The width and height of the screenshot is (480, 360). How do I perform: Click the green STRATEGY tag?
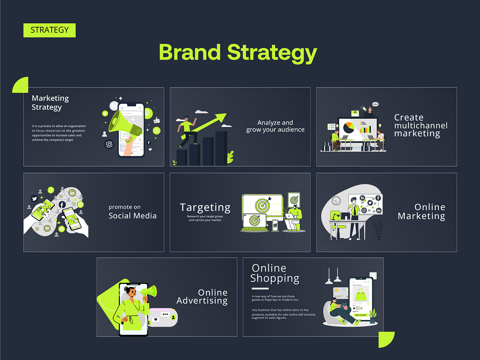coord(49,30)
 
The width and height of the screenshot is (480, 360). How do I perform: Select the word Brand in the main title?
coord(190,52)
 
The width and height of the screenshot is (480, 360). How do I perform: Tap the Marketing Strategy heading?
coord(50,102)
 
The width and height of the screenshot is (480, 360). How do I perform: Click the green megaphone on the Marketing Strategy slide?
coord(125,122)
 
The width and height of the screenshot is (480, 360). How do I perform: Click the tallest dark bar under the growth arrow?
coord(221,148)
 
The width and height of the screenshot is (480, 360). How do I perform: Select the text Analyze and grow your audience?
coord(275,126)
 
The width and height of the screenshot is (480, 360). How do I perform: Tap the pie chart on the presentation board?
coord(348,128)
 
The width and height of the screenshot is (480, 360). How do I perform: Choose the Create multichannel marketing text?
coord(420,125)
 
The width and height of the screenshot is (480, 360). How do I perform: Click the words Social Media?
coord(132,216)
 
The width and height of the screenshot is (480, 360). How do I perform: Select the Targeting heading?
coord(205,208)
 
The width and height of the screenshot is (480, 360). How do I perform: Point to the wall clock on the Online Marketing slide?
coord(336,200)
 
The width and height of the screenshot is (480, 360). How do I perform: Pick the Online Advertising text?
coord(202,296)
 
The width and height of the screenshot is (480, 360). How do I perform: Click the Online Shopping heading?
coord(275,273)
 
